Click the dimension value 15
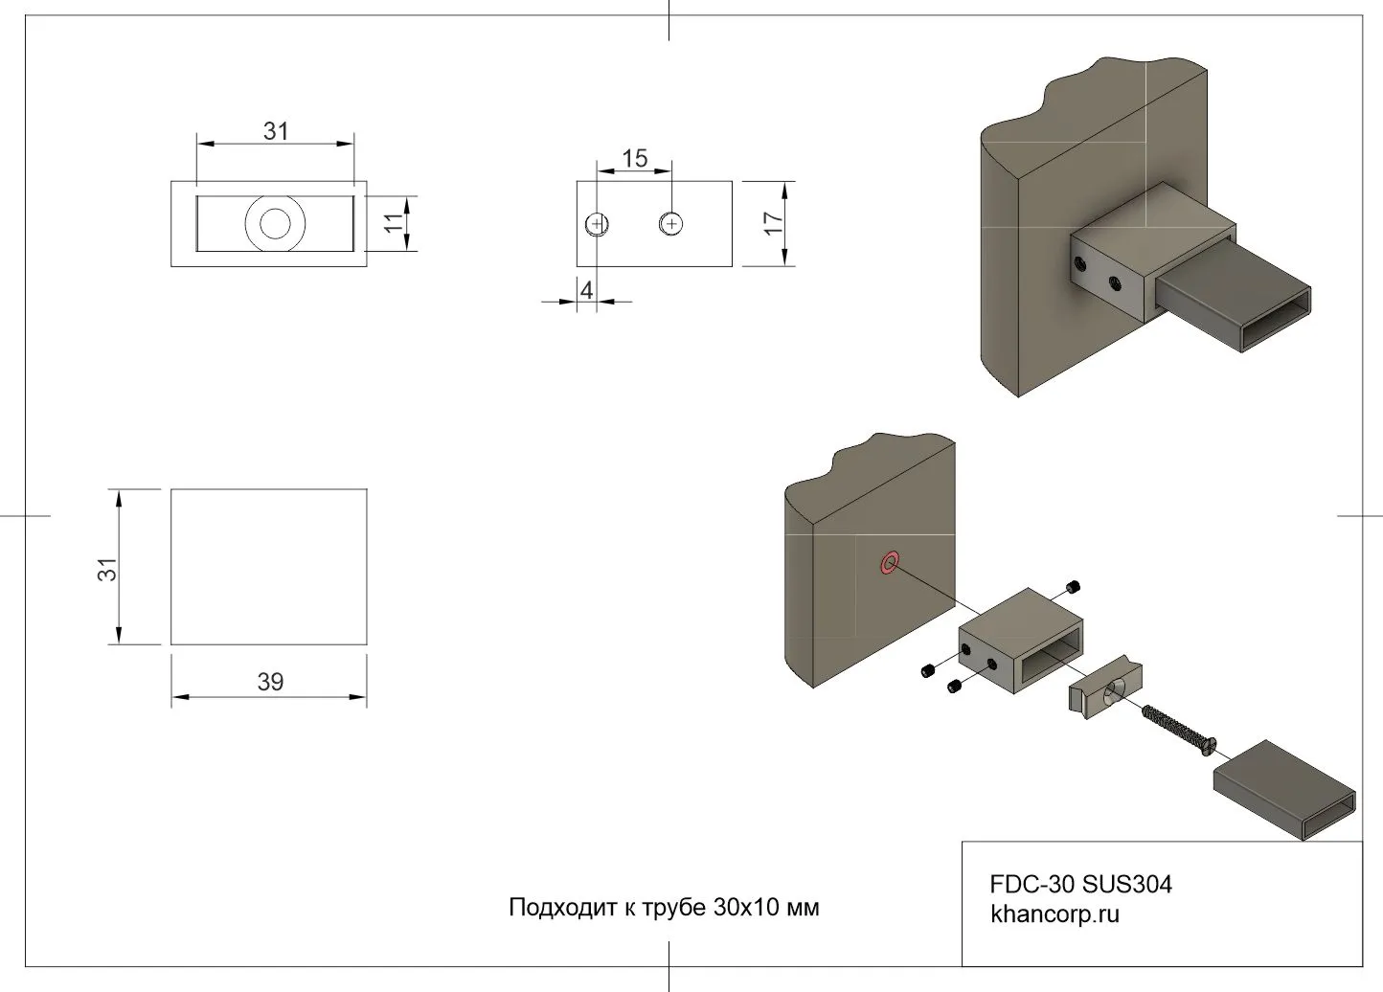click(634, 158)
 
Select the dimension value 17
click(774, 223)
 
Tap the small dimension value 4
click(587, 289)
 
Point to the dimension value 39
click(270, 682)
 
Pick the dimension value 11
click(394, 223)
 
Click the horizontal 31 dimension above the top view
click(276, 131)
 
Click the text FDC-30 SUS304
click(1080, 884)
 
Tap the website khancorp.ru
click(1054, 914)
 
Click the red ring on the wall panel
click(890, 562)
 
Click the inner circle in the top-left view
click(275, 224)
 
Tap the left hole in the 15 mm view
click(597, 224)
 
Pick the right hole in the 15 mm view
click(671, 224)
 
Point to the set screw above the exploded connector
click(1073, 587)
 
